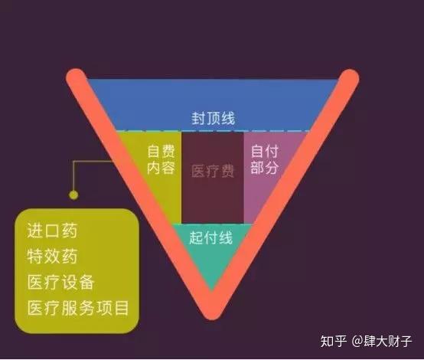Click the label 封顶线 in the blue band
[x=214, y=118]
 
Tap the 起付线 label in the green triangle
[x=211, y=238]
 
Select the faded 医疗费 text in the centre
[x=213, y=171]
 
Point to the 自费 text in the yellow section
[x=161, y=151]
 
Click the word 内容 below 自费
[x=161, y=168]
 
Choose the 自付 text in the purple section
[x=265, y=151]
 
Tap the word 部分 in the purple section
[x=265, y=168]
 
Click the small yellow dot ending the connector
[x=73, y=195]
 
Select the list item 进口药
[x=52, y=231]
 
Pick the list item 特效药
[x=52, y=257]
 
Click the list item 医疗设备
[x=60, y=282]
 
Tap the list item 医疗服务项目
[x=78, y=308]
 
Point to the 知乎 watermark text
[x=333, y=341]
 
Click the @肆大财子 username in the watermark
[x=382, y=341]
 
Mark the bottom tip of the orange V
[x=212, y=319]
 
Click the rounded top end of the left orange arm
[x=77, y=78]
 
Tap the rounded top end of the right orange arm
[x=349, y=78]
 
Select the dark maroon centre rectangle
[x=213, y=177]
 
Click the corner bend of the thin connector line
[x=73, y=162]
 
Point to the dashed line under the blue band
[x=214, y=131]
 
